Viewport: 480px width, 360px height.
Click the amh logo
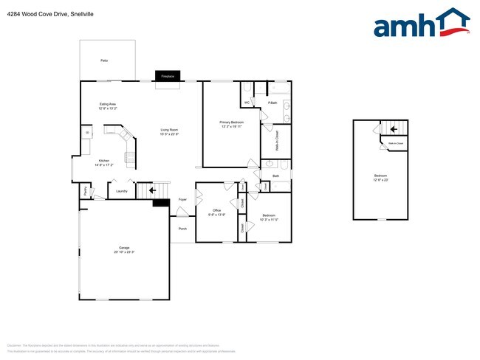click(422, 24)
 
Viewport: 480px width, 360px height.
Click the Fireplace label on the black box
click(168, 76)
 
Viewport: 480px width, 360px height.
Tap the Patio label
click(104, 60)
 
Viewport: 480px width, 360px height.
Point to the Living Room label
click(170, 131)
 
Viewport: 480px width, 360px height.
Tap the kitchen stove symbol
click(131, 157)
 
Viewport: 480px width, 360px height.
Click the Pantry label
click(86, 192)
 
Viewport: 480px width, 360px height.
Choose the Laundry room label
click(122, 192)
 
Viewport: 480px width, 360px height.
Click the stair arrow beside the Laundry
click(153, 190)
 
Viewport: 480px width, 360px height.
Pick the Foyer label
click(182, 199)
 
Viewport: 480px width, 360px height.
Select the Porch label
click(182, 229)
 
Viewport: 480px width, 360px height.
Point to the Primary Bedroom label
click(232, 122)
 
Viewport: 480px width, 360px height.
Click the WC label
click(247, 103)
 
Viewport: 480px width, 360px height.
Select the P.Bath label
click(272, 103)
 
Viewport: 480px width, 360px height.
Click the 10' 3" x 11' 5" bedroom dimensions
click(269, 220)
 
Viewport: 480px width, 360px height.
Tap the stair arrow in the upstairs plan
click(394, 128)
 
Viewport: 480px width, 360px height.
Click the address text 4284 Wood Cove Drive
click(33, 14)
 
